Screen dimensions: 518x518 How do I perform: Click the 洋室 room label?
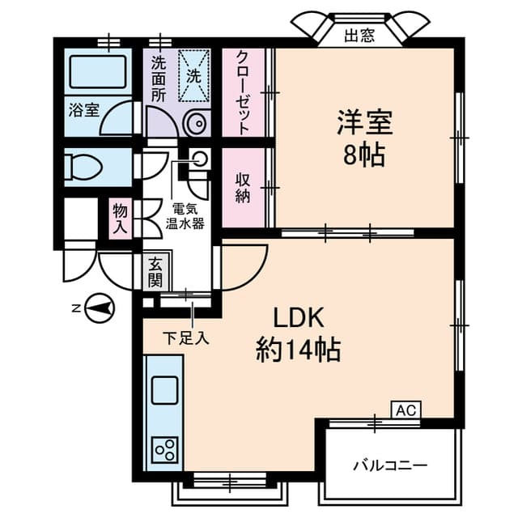point(365,124)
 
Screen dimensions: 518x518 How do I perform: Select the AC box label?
point(406,410)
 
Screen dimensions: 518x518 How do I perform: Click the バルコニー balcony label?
point(389,465)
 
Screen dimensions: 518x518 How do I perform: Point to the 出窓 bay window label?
point(359,35)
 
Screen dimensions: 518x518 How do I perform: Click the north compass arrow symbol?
point(98,308)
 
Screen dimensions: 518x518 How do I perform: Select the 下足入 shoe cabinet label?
point(186,338)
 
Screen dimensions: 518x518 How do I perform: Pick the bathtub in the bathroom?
point(96,71)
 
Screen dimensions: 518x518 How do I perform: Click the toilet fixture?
point(81,167)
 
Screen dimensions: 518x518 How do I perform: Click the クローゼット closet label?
point(243,92)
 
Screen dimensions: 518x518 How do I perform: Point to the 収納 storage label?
point(243,187)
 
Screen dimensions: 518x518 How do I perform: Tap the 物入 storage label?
point(121,219)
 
